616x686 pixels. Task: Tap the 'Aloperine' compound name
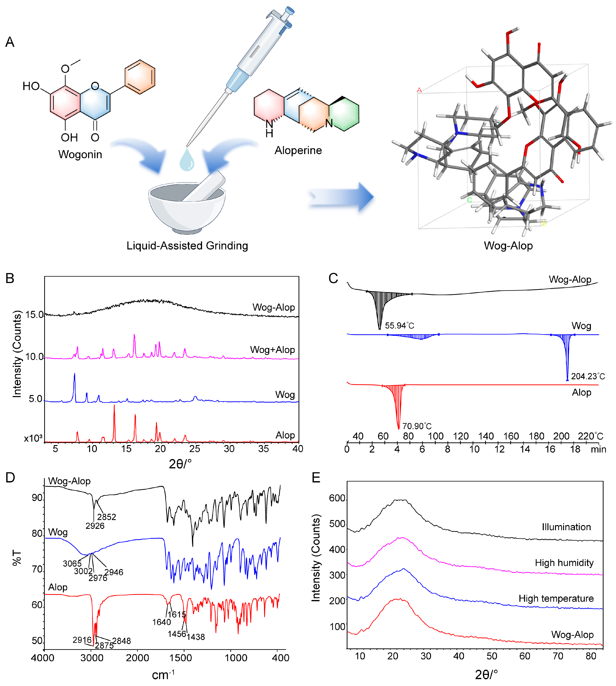coord(298,150)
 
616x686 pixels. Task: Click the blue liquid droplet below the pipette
coord(187,160)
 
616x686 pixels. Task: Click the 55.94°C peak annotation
coord(399,326)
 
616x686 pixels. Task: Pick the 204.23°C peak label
coord(588,376)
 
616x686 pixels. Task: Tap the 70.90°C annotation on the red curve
coord(417,426)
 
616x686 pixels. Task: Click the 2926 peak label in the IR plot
coord(95,525)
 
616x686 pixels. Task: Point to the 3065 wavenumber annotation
coord(72,563)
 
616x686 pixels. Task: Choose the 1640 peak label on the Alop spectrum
coord(161,622)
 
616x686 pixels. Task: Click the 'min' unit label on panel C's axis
coord(598,449)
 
